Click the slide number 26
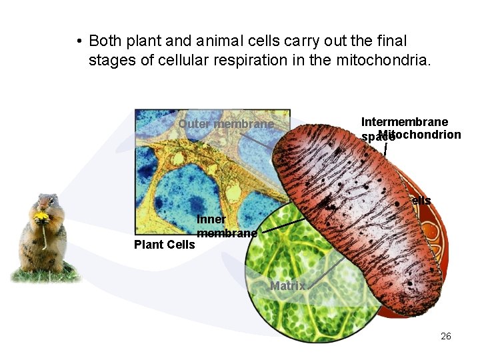click(x=446, y=336)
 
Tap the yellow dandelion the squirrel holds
click(x=42, y=216)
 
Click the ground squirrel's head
click(x=46, y=203)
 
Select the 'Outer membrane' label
click(x=226, y=124)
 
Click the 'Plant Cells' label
click(x=165, y=245)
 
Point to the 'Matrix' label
click(x=287, y=286)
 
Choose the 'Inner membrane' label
click(x=227, y=227)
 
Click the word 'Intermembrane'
click(x=404, y=121)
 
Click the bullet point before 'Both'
click(x=79, y=42)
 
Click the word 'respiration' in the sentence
click(x=257, y=61)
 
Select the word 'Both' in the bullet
click(x=103, y=41)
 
